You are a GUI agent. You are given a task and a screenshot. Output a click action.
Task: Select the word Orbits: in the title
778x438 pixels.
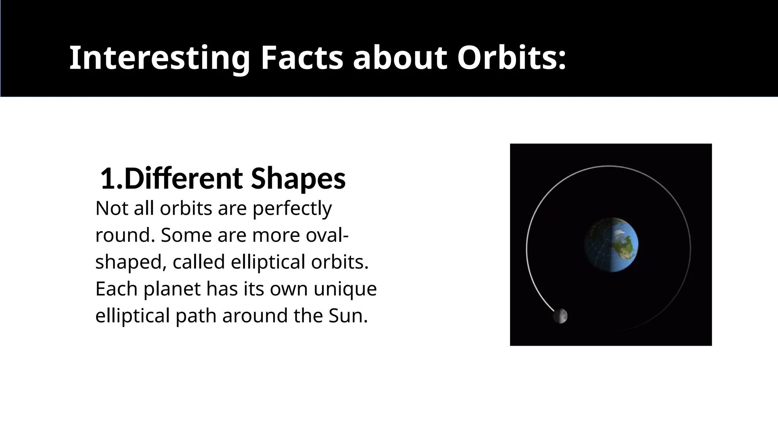511,58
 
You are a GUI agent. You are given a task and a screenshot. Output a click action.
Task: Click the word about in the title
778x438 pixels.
400,58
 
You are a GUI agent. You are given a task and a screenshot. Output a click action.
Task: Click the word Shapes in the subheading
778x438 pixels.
298,179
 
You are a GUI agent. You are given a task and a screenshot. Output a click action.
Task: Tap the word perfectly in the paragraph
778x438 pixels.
292,209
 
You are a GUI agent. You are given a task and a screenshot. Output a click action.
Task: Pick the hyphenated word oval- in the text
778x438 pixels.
327,235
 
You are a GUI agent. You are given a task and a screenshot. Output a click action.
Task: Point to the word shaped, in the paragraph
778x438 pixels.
130,262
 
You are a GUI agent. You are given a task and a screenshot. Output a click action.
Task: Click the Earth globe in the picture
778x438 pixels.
611,245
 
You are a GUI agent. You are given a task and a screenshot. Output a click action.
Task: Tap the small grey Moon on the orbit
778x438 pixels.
561,316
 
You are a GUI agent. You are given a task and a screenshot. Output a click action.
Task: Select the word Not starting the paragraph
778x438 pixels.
112,209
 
